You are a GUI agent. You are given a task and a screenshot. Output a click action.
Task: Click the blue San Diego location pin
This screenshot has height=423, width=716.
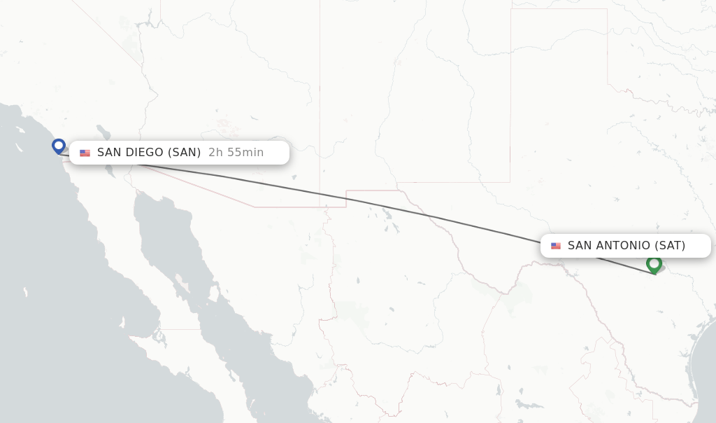click(x=59, y=146)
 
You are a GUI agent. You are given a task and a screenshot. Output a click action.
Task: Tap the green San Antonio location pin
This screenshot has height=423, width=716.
click(x=654, y=264)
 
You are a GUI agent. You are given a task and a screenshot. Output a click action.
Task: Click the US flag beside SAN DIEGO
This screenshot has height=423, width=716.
click(x=85, y=153)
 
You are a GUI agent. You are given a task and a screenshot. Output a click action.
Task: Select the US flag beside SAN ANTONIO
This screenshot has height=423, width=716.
click(x=556, y=246)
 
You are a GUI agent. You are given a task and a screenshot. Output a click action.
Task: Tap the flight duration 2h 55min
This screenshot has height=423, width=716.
click(x=236, y=153)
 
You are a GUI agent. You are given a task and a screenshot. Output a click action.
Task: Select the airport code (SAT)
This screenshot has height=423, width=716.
click(x=669, y=246)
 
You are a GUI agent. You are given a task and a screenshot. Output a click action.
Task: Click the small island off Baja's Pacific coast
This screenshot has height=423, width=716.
click(x=24, y=291)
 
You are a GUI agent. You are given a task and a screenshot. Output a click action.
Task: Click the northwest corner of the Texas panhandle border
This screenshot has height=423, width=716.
click(x=511, y=10)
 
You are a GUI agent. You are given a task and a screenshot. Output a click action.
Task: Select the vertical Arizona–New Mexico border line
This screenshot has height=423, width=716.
click(x=320, y=105)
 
